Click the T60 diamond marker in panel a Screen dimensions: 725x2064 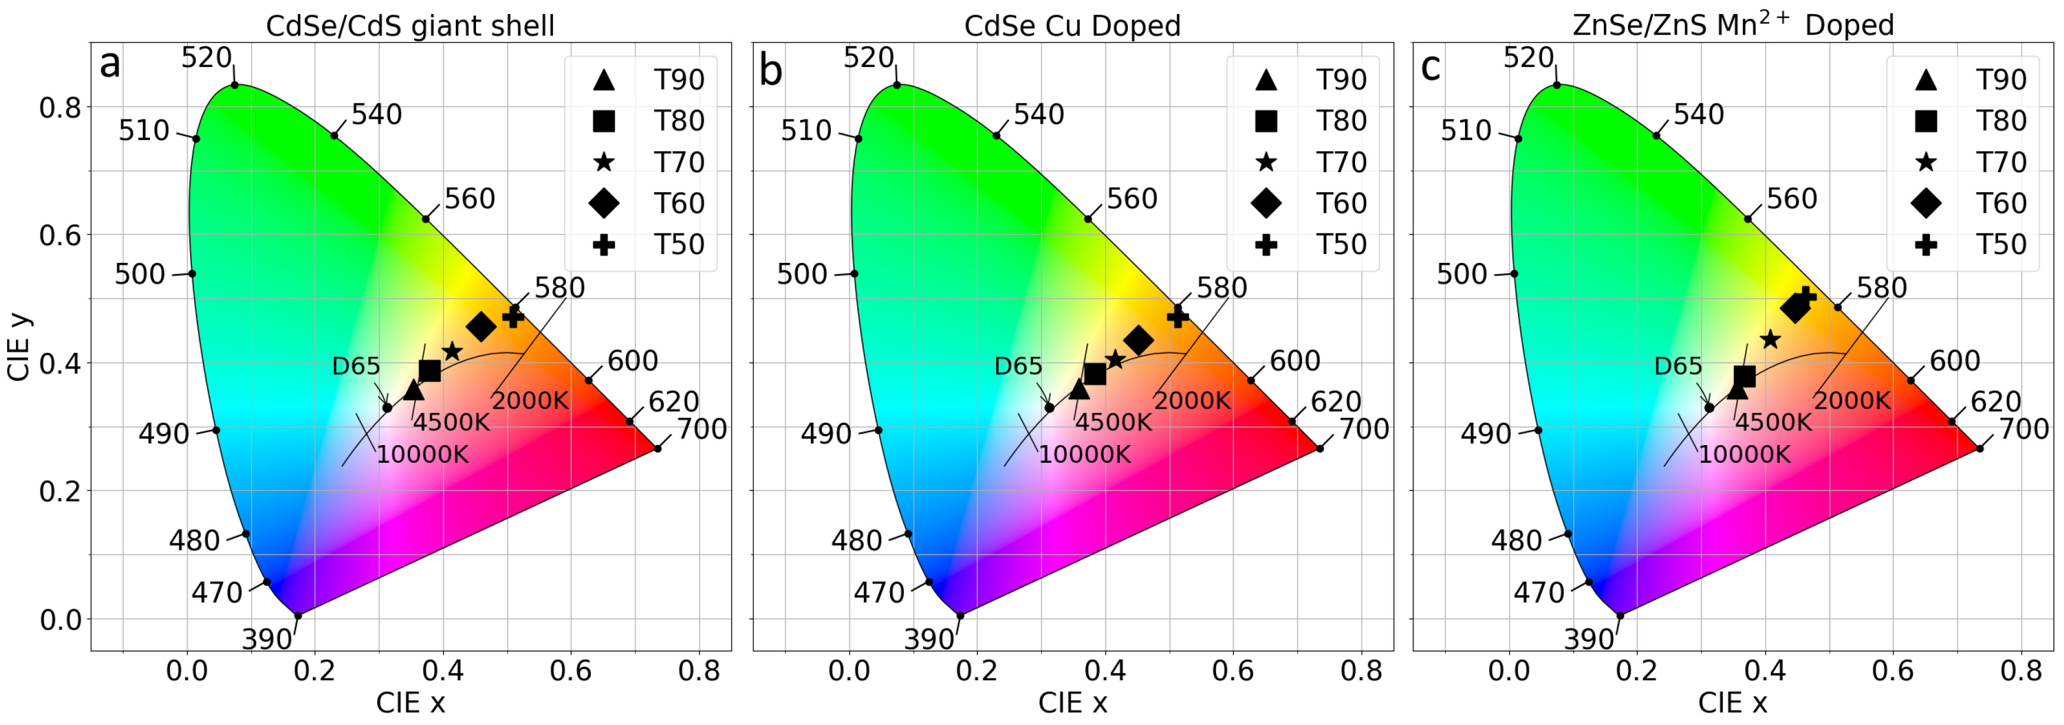(481, 326)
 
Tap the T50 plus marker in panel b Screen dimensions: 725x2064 (1177, 318)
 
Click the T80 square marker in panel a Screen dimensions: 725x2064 (430, 370)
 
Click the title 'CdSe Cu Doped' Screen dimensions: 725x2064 (1072, 26)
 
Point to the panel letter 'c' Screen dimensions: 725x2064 (1430, 67)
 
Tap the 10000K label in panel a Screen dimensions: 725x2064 (422, 454)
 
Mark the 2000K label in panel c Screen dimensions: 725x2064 (1852, 400)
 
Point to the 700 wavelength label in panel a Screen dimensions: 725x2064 (702, 429)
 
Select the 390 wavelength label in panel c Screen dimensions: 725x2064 (1588, 639)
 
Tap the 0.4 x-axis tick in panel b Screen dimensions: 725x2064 (1105, 670)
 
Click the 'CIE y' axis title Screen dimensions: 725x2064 (19, 347)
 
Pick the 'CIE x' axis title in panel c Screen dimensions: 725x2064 (1732, 703)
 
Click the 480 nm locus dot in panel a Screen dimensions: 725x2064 (246, 533)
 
